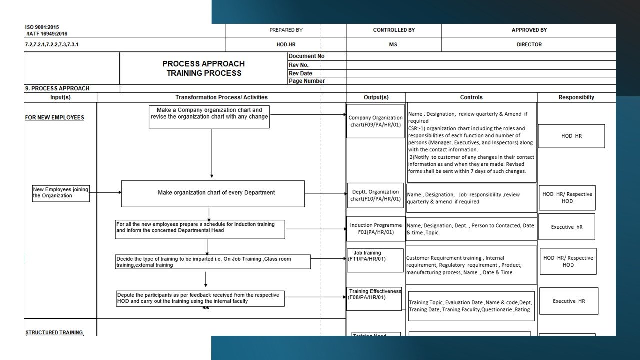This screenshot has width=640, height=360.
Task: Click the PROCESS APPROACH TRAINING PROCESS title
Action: tap(203, 68)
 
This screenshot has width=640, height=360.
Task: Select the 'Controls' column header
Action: tap(471, 97)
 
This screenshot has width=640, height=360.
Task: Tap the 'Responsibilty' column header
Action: tap(576, 97)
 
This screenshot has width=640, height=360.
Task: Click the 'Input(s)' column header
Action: tap(60, 97)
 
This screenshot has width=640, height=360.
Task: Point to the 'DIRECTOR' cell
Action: tap(529, 44)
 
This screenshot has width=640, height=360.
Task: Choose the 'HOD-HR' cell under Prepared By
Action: tap(286, 44)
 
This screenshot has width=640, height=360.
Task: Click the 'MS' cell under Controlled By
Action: tap(393, 44)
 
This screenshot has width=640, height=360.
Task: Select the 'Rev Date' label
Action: tap(300, 73)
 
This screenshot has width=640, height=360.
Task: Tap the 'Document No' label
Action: tap(306, 56)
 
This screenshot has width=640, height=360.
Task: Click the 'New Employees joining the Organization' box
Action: tap(61, 192)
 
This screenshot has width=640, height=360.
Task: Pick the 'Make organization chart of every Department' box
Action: tap(213, 193)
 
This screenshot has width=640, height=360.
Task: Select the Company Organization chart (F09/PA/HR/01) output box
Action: tap(375, 121)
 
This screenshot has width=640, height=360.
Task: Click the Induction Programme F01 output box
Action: tap(375, 229)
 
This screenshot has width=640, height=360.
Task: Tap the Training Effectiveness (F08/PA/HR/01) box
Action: tap(374, 298)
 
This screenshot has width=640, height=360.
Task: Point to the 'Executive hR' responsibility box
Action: tap(566, 227)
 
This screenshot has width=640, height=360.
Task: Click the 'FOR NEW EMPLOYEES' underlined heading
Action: tap(54, 118)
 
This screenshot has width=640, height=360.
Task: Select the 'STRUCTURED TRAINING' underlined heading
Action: tap(54, 332)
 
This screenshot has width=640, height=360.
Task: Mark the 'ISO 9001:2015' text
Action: tap(42, 27)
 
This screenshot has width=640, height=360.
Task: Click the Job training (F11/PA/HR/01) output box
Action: tap(375, 260)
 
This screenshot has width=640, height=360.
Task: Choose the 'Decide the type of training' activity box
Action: tap(213, 262)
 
